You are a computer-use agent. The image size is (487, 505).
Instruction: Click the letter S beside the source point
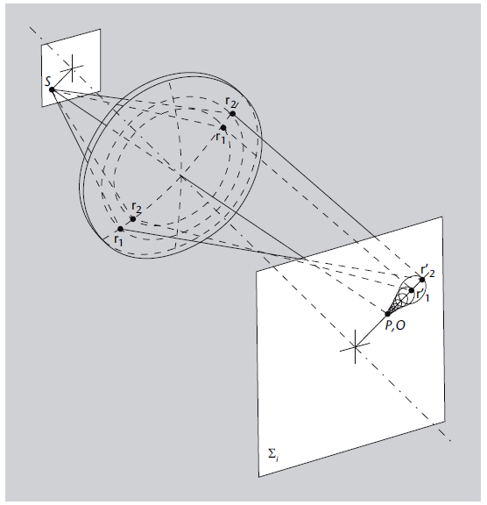(x=48, y=82)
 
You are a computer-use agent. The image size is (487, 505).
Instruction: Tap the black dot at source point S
(x=52, y=89)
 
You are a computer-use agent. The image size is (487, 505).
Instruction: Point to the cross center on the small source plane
(x=72, y=68)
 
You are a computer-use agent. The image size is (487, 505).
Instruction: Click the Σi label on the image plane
(x=273, y=454)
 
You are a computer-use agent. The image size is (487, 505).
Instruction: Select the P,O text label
(x=395, y=325)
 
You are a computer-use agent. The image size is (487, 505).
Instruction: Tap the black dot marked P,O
(x=388, y=314)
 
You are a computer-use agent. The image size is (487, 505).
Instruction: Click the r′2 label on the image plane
(x=428, y=271)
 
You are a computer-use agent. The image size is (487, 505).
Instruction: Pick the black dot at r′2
(x=422, y=280)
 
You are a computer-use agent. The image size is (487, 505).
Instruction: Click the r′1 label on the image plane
(x=422, y=295)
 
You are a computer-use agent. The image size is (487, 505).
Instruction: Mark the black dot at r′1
(x=412, y=290)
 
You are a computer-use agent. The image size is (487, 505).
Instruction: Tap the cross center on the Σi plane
(x=355, y=347)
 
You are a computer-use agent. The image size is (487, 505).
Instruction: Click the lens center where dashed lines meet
(x=180, y=176)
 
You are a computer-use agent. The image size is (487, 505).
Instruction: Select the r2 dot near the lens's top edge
(x=233, y=114)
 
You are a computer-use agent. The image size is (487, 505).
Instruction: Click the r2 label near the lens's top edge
(x=231, y=102)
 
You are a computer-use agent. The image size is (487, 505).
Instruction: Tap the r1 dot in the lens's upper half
(x=223, y=127)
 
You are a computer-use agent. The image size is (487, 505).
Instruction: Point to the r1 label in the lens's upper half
(x=221, y=138)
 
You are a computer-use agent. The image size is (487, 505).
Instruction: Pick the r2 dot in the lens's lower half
(x=133, y=219)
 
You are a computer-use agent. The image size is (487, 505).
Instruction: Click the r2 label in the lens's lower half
(x=137, y=208)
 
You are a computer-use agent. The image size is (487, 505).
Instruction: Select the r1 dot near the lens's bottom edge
(x=120, y=229)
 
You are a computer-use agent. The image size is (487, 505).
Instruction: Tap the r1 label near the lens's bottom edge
(x=118, y=239)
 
